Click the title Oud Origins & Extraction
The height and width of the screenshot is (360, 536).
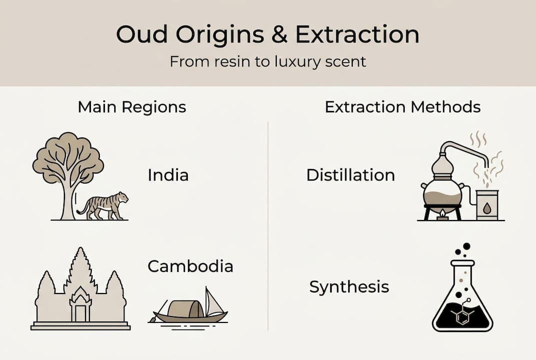pyautogui.click(x=268, y=34)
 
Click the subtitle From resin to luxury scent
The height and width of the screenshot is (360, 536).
pyautogui.click(x=268, y=61)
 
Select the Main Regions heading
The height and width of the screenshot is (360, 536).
pyautogui.click(x=132, y=107)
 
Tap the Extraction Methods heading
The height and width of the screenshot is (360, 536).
pyautogui.click(x=403, y=107)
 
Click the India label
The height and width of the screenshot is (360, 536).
pyautogui.click(x=168, y=175)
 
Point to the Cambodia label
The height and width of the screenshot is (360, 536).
pyautogui.click(x=190, y=266)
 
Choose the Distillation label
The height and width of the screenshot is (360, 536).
pyautogui.click(x=351, y=175)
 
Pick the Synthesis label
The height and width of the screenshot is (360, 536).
pyautogui.click(x=349, y=287)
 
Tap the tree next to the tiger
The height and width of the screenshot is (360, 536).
pyautogui.click(x=68, y=165)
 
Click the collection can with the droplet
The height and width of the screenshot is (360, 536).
pyautogui.click(x=487, y=205)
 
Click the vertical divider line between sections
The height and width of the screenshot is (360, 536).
pyautogui.click(x=268, y=225)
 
